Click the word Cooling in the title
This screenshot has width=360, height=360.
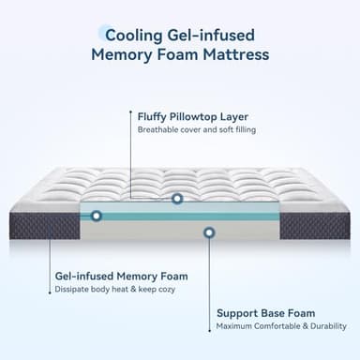click(132, 35)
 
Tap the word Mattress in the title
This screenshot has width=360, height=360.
click(234, 55)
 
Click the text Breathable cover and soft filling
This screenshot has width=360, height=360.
click(196, 129)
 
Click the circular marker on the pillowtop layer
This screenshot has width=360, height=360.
click(177, 199)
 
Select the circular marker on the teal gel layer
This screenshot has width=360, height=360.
click(96, 216)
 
